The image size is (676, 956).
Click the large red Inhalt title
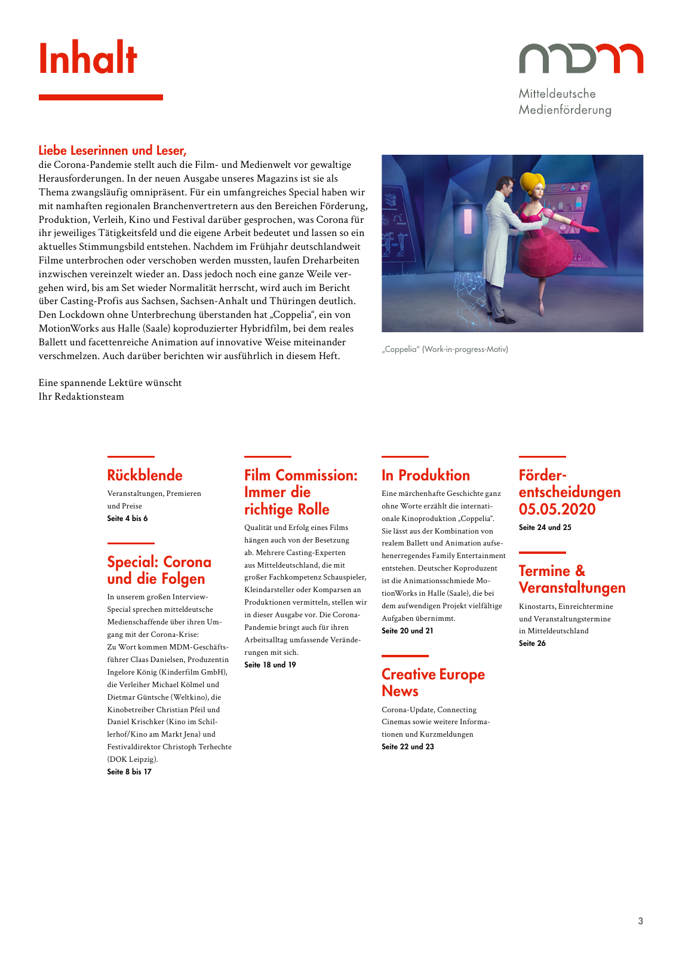(88, 59)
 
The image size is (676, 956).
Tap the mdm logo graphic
(580, 59)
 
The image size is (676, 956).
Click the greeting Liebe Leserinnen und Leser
(112, 151)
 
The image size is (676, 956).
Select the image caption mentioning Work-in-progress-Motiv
(445, 350)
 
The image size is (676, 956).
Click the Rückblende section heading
(145, 476)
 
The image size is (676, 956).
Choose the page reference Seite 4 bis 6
(127, 519)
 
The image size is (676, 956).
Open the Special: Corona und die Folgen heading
(159, 571)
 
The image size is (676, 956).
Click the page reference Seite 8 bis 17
(129, 772)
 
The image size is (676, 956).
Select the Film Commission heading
(301, 492)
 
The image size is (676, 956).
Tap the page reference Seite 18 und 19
(270, 665)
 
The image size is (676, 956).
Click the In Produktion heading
(426, 476)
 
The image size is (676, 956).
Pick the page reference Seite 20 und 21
(407, 631)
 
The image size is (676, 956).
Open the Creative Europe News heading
(433, 683)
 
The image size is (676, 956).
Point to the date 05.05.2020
(557, 510)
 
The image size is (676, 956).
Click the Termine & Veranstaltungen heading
(571, 580)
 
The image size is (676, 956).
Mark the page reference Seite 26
(532, 644)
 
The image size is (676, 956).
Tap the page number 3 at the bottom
(641, 921)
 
